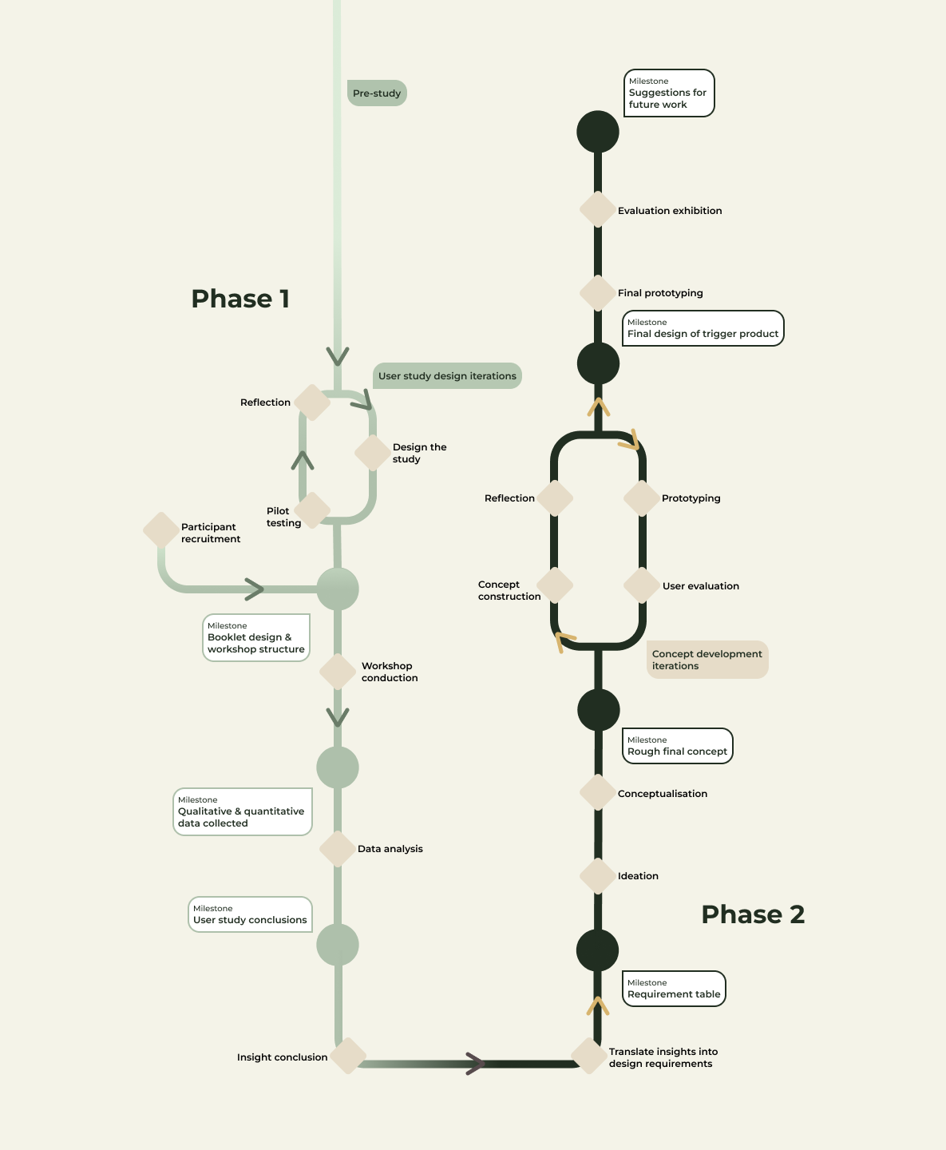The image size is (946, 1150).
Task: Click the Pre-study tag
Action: point(377,93)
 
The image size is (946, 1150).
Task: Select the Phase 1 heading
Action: point(240,299)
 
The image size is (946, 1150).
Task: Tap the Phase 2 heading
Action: point(753,914)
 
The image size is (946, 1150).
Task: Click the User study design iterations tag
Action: point(447,376)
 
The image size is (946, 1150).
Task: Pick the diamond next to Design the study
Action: point(372,453)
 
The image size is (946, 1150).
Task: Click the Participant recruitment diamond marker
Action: point(160,530)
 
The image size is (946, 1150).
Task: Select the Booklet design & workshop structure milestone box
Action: point(255,638)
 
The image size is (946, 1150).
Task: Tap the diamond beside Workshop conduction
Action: point(338,672)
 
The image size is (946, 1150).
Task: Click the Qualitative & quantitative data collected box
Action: point(242,812)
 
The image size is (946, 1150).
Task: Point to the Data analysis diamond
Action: point(338,849)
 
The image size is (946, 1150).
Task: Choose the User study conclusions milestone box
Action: point(250,915)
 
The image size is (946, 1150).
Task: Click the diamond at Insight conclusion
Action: point(348,1057)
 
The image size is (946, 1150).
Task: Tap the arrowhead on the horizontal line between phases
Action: point(475,1063)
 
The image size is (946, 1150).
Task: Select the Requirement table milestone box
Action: point(674,989)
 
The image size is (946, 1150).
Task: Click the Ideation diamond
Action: point(597,876)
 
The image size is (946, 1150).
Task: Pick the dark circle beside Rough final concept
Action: point(598,710)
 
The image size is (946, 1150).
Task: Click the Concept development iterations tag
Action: point(707,660)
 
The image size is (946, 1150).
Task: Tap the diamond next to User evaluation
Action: point(642,585)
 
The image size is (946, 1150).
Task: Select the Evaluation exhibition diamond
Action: point(597,210)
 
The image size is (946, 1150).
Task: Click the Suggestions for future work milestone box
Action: point(668,93)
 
